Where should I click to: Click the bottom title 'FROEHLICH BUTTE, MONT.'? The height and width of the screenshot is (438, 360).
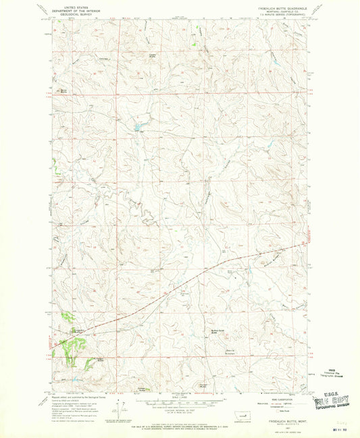pyautogui.click(x=278, y=421)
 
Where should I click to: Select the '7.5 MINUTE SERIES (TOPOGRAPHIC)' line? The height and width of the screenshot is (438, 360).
pyautogui.click(x=279, y=18)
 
